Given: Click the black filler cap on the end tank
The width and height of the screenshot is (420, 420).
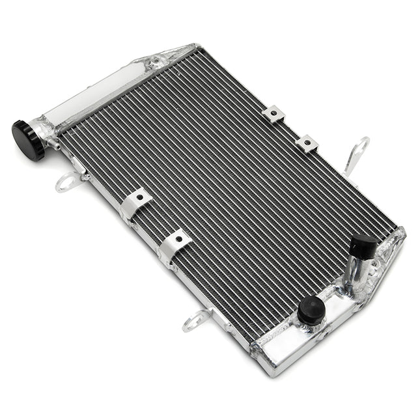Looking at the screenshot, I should pos(27,140).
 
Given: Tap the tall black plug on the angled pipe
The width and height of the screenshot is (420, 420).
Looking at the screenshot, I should pos(363,246).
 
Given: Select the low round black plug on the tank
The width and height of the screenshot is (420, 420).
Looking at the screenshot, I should pos(311,310).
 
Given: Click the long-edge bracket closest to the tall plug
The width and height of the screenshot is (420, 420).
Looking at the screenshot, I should pos(305,143).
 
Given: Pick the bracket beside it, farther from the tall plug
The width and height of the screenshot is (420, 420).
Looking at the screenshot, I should pos(273,115).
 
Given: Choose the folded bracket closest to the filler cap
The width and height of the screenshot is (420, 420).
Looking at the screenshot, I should pos(136,201).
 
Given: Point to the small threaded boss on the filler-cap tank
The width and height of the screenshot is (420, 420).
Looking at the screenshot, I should pos(156,63).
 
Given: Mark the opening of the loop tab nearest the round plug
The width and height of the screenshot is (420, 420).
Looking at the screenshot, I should pos(195,320).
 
